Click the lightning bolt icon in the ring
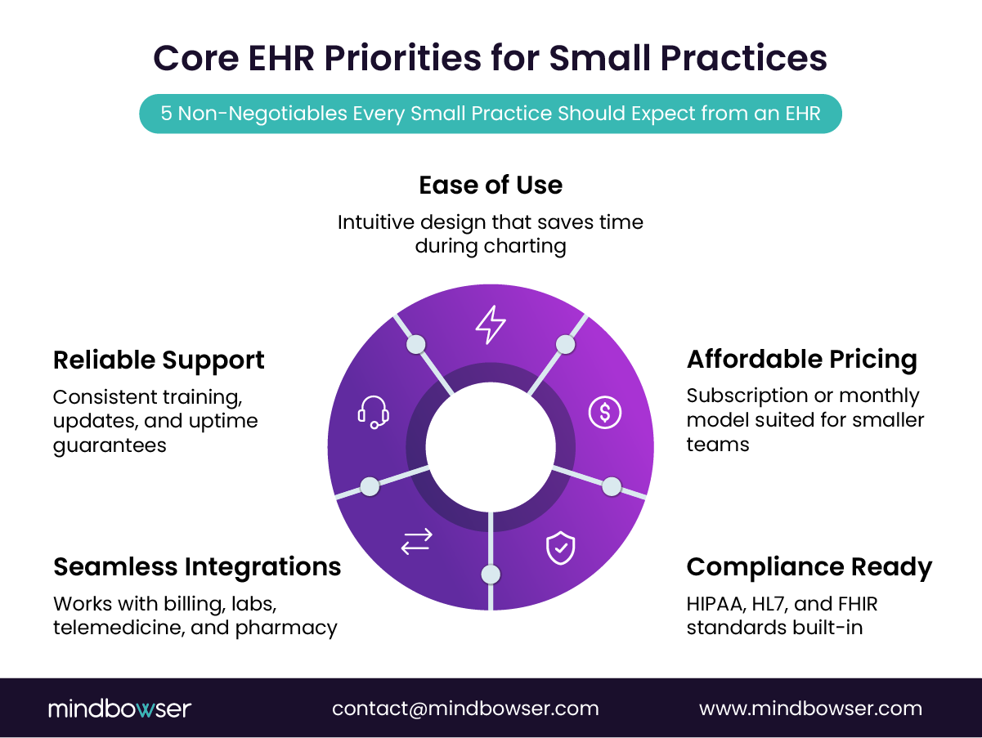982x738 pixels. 491,324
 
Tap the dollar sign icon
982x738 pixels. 604,413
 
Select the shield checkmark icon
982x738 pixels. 560,548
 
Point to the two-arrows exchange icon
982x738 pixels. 417,541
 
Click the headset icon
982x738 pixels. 373,412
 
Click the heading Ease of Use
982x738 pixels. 491,185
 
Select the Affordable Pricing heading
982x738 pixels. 801,359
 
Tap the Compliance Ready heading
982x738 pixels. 809,566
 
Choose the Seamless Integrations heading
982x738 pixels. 197,566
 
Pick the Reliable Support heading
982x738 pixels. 159,360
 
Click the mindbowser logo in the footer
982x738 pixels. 119,709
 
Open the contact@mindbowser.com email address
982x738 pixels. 465,709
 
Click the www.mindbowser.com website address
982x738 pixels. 810,709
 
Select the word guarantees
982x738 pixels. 110,445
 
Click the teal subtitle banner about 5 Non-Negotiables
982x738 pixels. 491,114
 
